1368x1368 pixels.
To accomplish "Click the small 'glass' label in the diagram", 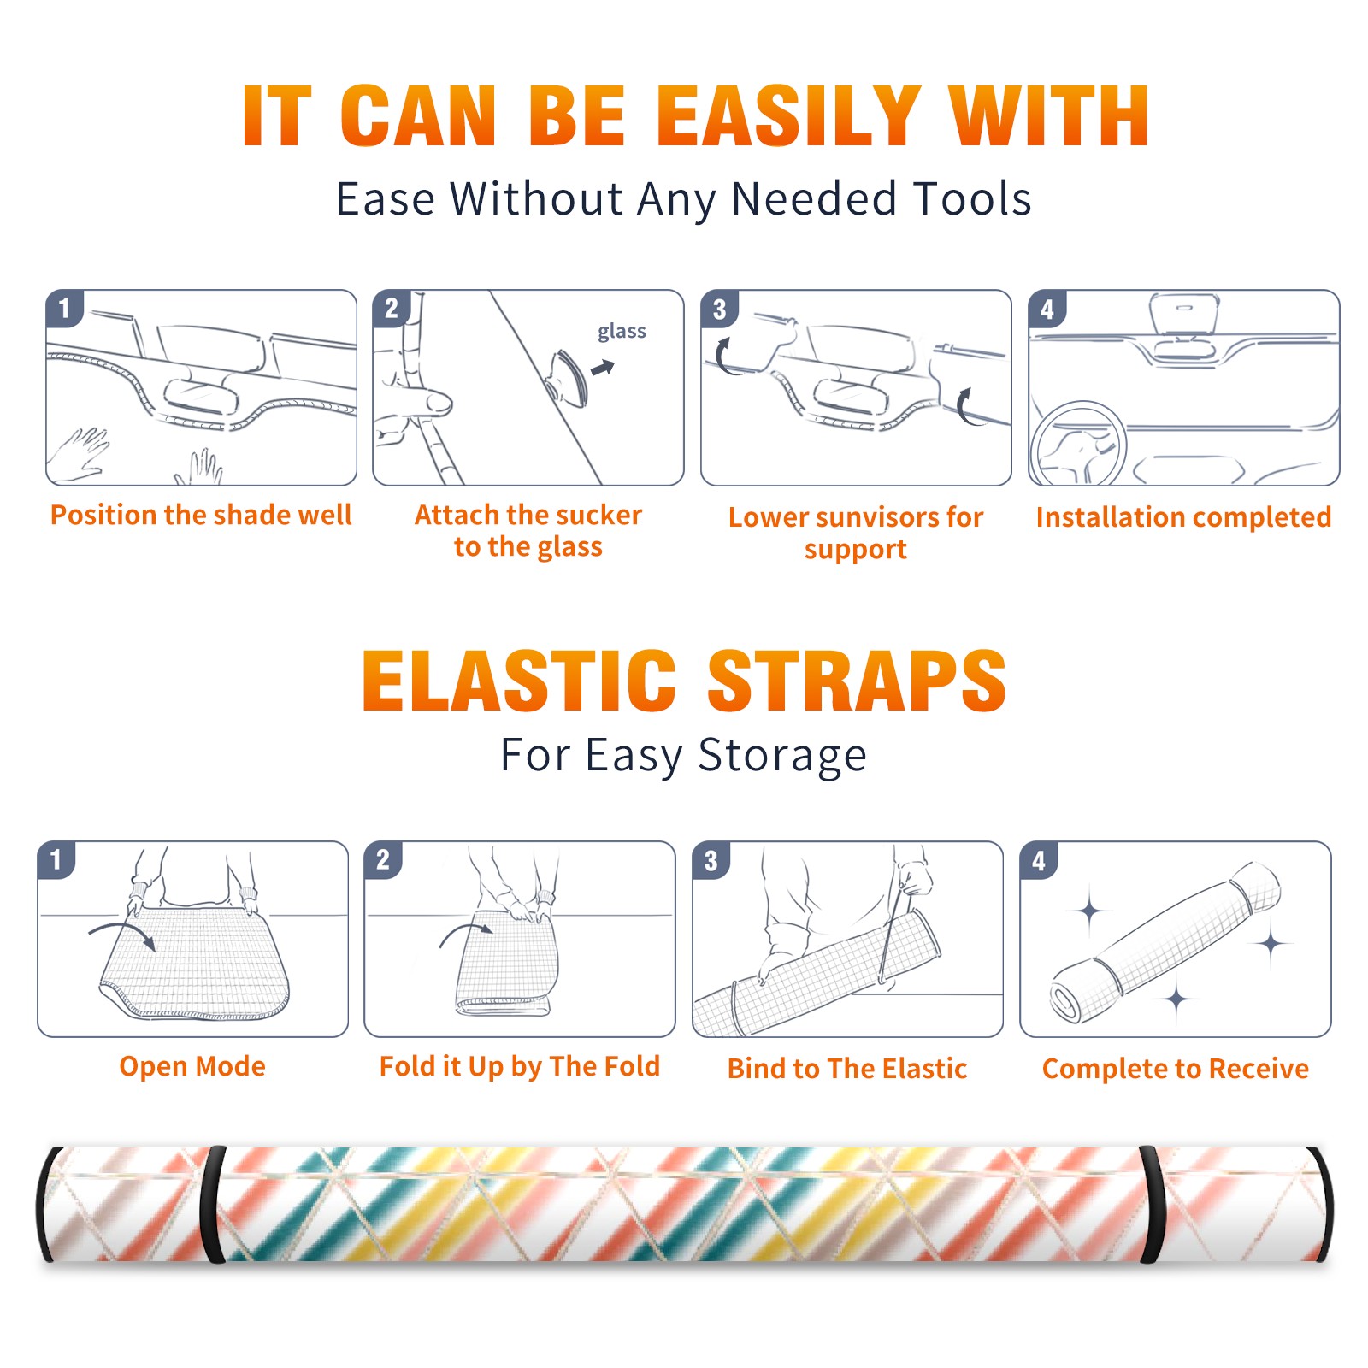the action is point(622,332).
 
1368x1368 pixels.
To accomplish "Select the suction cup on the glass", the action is point(570,377).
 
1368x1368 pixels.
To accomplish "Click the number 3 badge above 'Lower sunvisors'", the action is point(719,310).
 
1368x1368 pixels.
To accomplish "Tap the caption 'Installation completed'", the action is point(1183,516).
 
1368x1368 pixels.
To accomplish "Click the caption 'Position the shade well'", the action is point(201,515).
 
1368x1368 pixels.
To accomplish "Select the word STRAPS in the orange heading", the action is point(857,681).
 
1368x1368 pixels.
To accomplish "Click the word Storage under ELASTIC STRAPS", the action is point(782,756).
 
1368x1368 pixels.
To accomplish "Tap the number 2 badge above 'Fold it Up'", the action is point(382,859).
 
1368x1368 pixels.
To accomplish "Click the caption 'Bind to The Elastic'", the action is point(847,1069).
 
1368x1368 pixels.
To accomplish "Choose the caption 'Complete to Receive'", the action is point(1176,1069).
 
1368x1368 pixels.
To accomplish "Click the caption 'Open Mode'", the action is point(192,1066).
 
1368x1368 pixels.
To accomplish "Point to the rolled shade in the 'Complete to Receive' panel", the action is point(1165,941).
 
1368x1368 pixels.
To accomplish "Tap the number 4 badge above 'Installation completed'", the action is point(1047,310).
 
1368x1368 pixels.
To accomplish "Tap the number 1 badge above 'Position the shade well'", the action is point(64,309).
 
